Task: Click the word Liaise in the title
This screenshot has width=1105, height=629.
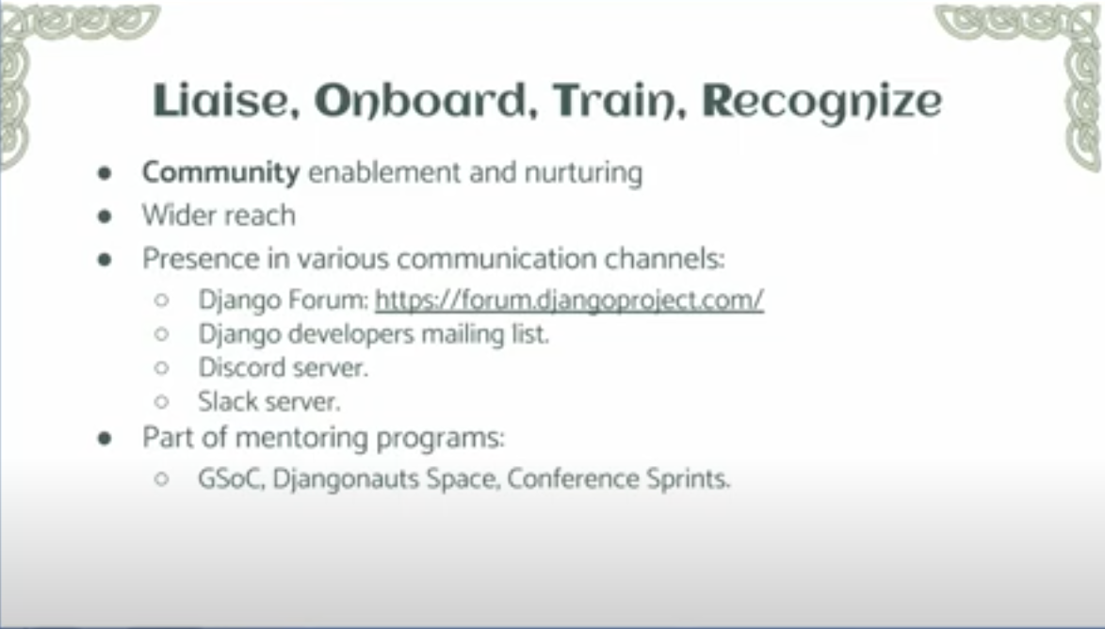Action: point(219,100)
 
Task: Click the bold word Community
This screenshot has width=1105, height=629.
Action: point(221,173)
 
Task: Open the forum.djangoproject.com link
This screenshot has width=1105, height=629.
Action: point(569,300)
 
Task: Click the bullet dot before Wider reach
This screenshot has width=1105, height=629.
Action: point(105,217)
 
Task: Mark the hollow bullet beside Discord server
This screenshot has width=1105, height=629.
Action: point(161,368)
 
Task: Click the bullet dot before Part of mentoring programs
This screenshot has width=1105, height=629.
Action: point(105,439)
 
